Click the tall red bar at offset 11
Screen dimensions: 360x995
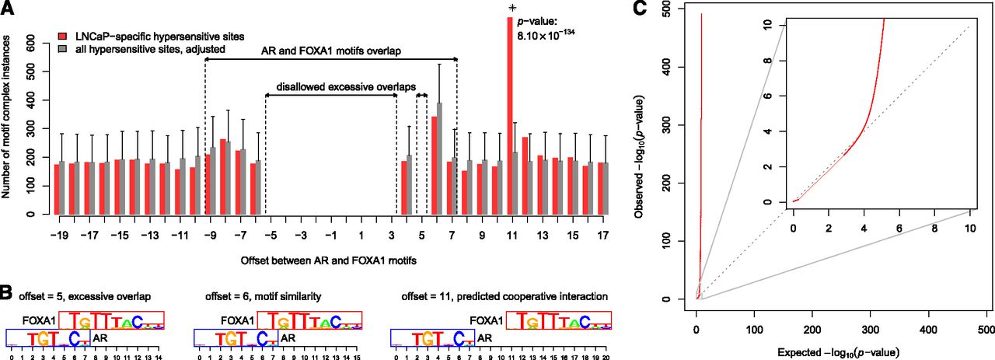tap(510, 117)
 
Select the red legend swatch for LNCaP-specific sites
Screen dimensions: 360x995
tap(64, 36)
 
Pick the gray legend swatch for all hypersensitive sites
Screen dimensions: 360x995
tap(64, 48)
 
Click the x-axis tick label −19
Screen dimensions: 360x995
tap(58, 233)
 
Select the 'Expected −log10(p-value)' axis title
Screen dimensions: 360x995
tap(833, 352)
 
